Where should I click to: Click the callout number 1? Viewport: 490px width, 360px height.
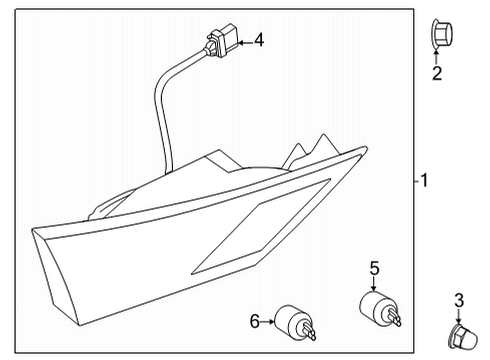pos(424,181)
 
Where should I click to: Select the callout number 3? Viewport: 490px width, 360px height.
pos(459,299)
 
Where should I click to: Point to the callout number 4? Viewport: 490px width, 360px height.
pos(258,41)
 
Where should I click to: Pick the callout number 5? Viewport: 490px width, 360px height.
pos(374,268)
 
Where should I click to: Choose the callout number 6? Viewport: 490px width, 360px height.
pos(255,321)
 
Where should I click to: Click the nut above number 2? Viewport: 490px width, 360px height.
pos(437,34)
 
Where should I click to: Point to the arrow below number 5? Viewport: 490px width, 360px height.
pos(374,284)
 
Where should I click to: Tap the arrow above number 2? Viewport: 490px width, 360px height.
pos(437,56)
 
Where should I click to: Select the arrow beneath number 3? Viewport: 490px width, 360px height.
pos(459,314)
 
